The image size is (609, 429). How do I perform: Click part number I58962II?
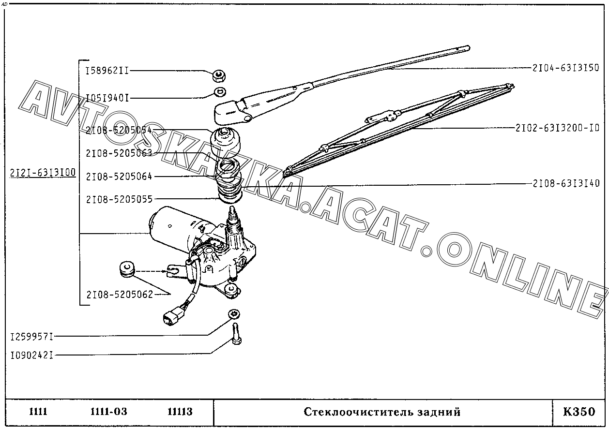click(x=107, y=71)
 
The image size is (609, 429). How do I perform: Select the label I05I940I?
click(x=107, y=98)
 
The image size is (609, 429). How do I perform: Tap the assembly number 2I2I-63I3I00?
click(x=43, y=173)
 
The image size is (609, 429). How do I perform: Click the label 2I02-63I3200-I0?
click(x=557, y=128)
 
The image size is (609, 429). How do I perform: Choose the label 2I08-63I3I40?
click(x=566, y=183)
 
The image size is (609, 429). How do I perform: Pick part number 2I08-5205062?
click(x=120, y=294)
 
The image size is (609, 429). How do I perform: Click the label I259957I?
click(x=32, y=336)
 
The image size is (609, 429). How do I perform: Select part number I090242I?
click(x=32, y=355)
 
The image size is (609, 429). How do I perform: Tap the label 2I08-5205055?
click(x=120, y=199)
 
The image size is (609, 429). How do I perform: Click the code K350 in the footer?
click(x=579, y=412)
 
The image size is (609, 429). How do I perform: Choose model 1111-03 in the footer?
click(x=108, y=412)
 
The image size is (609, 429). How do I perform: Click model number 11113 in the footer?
click(x=180, y=412)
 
